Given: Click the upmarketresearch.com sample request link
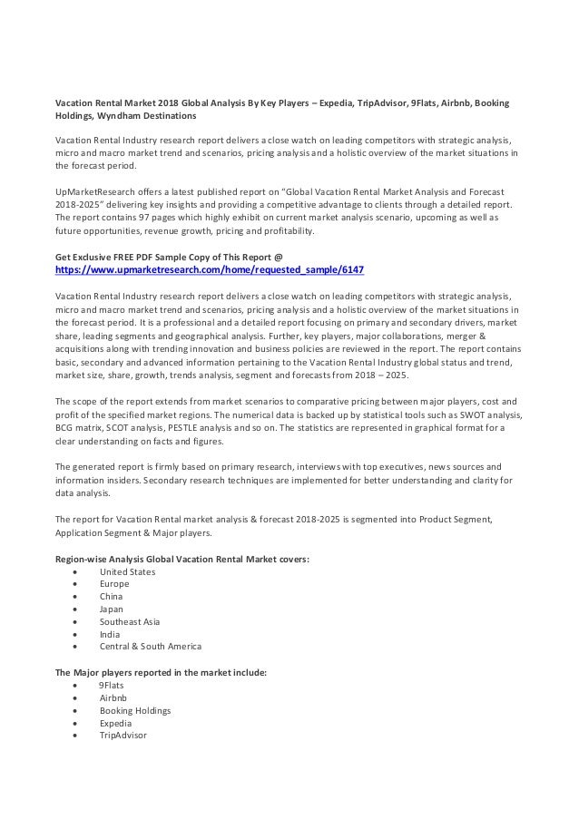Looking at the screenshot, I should click(210, 270).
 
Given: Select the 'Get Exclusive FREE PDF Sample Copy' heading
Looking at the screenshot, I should click(170, 257).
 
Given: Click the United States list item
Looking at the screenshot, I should click(127, 572).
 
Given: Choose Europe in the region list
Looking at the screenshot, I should click(114, 584).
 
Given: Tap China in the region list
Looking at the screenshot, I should click(113, 597).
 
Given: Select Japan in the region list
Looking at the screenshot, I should click(113, 609).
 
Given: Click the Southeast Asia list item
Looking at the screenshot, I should click(130, 622).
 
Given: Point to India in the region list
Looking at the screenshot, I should click(111, 634).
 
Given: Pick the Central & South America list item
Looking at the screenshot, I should click(150, 647).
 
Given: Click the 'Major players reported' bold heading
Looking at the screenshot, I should click(161, 673).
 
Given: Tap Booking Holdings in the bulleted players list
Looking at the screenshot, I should click(135, 711).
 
